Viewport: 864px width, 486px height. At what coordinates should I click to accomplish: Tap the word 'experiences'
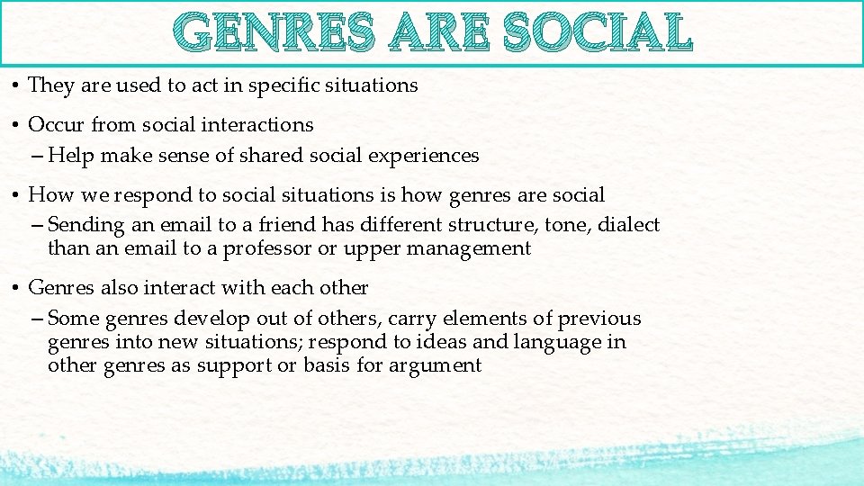(422, 156)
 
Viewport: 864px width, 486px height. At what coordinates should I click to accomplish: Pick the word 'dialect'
(627, 225)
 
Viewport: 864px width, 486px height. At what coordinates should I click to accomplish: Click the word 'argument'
(436, 365)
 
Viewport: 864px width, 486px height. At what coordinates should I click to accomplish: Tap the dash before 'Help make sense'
(37, 156)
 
